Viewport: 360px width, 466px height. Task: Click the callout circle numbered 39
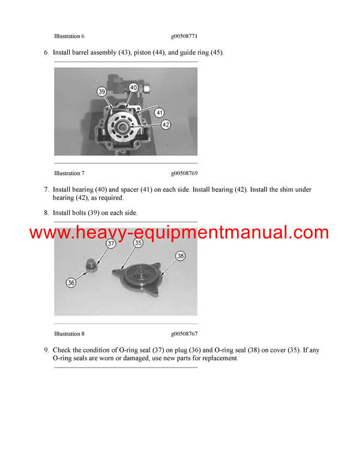(x=103, y=92)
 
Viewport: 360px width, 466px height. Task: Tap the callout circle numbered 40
(x=133, y=88)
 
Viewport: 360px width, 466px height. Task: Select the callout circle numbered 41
(x=159, y=112)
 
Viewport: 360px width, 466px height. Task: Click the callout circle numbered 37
(x=110, y=244)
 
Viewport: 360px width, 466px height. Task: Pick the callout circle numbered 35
(x=138, y=244)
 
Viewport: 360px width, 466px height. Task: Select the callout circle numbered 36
(x=71, y=282)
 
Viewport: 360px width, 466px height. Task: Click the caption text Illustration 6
(x=69, y=37)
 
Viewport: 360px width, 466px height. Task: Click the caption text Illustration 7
(x=69, y=174)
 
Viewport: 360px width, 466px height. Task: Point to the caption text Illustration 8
(x=69, y=333)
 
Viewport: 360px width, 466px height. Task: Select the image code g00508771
(x=185, y=37)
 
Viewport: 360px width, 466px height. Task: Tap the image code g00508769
(x=185, y=174)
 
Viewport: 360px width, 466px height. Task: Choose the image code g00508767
(x=185, y=333)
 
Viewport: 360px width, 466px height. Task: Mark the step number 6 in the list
(x=46, y=53)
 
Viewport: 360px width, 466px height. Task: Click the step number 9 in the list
(x=46, y=349)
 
